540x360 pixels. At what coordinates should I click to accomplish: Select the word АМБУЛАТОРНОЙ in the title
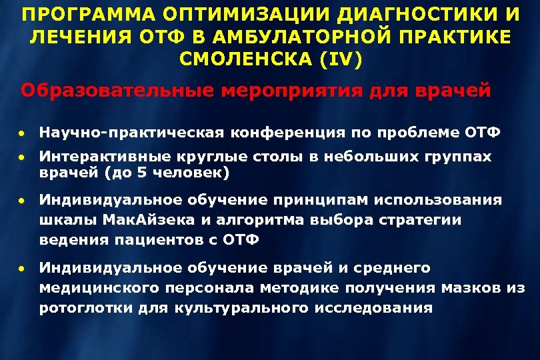pyautogui.click(x=323, y=37)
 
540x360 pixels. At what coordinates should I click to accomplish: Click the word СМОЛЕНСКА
pyautogui.click(x=246, y=59)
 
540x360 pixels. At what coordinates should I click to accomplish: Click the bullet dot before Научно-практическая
pyautogui.click(x=22, y=132)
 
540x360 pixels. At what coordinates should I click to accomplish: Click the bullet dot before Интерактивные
pyautogui.click(x=22, y=157)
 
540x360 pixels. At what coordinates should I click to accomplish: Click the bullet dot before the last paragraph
pyautogui.click(x=22, y=269)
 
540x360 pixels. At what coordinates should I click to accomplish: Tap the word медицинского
pyautogui.click(x=96, y=288)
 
